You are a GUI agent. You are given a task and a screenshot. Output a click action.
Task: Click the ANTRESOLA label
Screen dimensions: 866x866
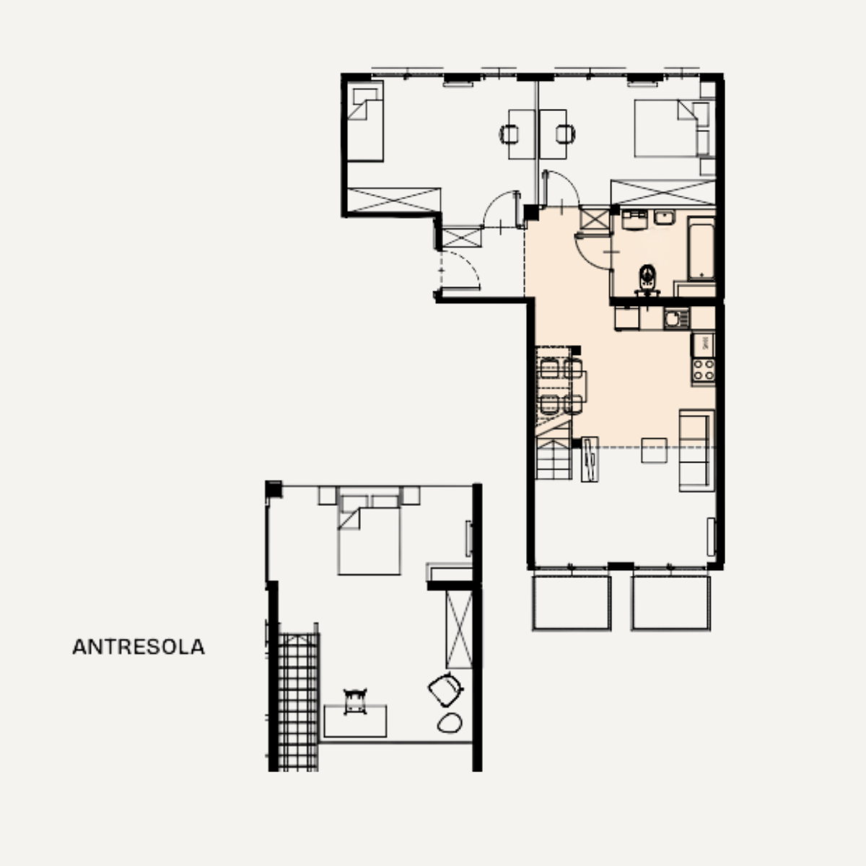(x=139, y=647)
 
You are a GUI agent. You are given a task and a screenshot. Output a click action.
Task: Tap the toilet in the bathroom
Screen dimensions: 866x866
(x=647, y=279)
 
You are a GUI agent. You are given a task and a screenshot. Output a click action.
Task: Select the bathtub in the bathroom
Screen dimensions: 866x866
(x=701, y=248)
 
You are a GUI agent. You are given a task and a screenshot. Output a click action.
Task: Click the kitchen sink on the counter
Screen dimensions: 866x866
(x=676, y=319)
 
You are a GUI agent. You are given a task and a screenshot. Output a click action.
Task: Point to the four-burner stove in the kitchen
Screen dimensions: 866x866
(x=704, y=371)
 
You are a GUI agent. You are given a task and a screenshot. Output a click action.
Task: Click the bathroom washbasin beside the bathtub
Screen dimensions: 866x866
(x=664, y=217)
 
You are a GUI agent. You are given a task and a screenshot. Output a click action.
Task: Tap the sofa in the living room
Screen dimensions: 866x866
(x=696, y=450)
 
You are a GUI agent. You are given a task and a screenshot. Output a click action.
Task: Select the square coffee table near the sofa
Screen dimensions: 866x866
(x=654, y=450)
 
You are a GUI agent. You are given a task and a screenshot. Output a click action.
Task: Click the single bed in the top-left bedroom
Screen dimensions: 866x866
(x=365, y=121)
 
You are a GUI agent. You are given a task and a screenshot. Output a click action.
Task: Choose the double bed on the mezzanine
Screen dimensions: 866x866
(x=369, y=535)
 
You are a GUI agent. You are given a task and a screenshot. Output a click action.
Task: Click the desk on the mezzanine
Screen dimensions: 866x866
(x=355, y=721)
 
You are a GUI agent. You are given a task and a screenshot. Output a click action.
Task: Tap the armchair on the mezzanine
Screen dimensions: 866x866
(x=445, y=690)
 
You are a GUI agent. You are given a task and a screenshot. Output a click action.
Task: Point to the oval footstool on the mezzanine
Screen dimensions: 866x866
(x=450, y=723)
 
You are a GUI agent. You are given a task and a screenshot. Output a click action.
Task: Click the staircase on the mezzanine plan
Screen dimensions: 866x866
(x=298, y=701)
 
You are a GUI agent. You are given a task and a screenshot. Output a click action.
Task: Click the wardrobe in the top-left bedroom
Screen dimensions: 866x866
(x=394, y=200)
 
